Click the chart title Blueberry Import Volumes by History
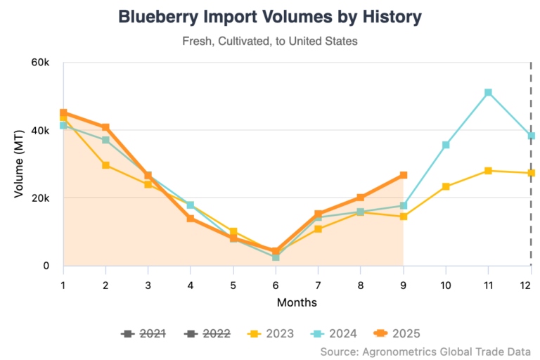click(x=269, y=17)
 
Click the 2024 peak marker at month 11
click(x=488, y=93)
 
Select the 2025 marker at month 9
click(x=404, y=175)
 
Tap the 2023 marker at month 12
click(x=531, y=173)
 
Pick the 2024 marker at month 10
click(x=446, y=145)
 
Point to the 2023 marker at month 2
click(x=105, y=165)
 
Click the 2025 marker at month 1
click(x=63, y=113)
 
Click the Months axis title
click(x=297, y=302)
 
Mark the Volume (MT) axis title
click(x=20, y=164)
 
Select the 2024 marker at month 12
click(x=531, y=136)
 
